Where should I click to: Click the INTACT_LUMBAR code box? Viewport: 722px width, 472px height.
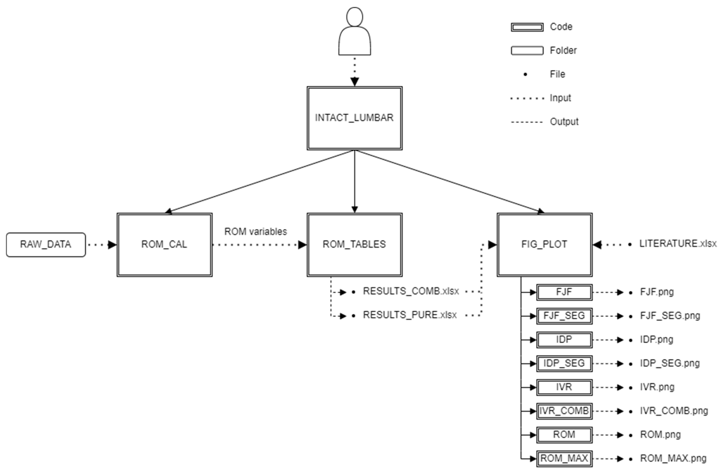tap(354, 118)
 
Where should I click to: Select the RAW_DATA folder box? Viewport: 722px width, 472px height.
tap(46, 245)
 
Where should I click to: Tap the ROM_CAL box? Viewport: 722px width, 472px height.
tap(164, 245)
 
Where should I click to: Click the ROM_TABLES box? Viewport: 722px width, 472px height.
tap(354, 245)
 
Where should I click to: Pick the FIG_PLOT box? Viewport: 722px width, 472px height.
tap(544, 245)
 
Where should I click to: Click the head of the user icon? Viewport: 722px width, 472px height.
tap(354, 17)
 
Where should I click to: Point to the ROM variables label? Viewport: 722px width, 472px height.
tap(255, 232)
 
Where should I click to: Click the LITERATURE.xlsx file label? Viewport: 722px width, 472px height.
tap(678, 244)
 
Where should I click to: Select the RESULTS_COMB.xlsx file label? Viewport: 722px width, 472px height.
tap(411, 291)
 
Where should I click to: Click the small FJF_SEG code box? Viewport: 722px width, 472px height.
tap(564, 316)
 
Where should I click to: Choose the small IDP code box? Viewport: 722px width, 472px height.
tap(564, 339)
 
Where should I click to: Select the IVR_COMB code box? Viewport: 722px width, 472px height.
tap(564, 411)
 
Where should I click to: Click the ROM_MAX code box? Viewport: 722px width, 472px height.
tap(564, 458)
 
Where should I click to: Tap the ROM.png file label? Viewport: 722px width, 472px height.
tap(660, 435)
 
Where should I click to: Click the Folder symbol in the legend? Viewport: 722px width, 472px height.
tap(527, 50)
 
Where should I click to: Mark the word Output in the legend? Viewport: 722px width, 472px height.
tap(564, 122)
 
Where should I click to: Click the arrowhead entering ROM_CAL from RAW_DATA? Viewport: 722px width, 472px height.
tap(112, 245)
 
